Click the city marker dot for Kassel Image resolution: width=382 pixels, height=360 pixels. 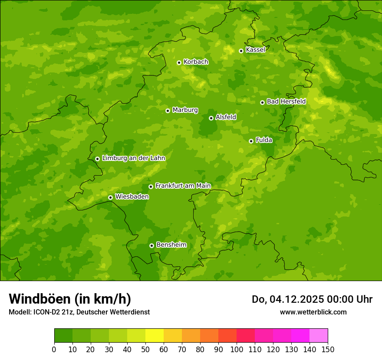(241, 51)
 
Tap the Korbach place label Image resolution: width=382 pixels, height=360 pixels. (196, 62)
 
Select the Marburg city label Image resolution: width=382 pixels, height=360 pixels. (185, 110)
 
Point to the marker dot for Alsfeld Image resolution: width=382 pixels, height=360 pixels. (211, 118)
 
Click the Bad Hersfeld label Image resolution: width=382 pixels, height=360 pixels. (286, 101)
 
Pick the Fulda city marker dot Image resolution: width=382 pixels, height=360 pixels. (251, 141)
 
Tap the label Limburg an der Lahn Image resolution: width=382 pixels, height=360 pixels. (133, 158)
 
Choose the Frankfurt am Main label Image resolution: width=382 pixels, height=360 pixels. (183, 186)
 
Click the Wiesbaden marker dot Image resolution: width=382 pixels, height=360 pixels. (111, 197)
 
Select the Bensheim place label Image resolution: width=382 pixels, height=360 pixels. (171, 245)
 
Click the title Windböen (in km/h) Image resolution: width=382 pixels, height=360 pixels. (70, 299)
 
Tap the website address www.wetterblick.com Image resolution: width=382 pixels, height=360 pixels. (313, 312)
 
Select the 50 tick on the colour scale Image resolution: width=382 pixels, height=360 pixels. (145, 350)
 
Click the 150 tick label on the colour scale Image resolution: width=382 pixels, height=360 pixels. (328, 350)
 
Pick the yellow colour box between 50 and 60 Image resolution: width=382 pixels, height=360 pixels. (155, 336)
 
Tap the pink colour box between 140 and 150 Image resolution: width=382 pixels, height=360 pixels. (319, 336)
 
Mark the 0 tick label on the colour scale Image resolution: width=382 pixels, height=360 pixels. (54, 350)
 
